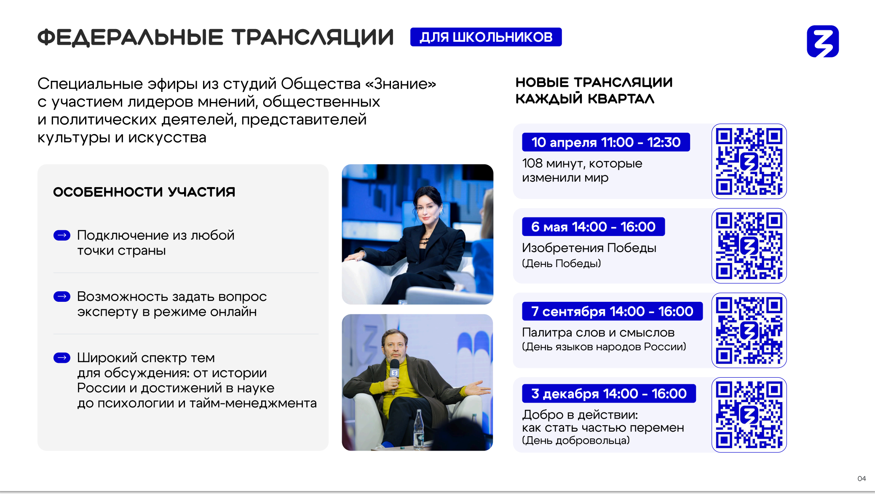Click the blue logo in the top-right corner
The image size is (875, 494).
(x=823, y=41)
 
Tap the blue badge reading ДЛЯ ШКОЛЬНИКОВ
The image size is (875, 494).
(x=486, y=37)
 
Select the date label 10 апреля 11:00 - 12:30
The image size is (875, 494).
(x=606, y=142)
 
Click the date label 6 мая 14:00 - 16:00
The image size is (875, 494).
(x=593, y=227)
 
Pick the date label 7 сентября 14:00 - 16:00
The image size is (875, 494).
(x=612, y=311)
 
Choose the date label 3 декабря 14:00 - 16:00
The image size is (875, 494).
(x=609, y=393)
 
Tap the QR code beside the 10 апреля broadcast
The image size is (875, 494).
(x=749, y=161)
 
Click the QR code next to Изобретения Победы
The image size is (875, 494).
(x=749, y=246)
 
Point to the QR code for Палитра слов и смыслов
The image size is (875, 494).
(x=749, y=330)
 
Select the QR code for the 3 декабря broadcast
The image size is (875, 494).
(x=749, y=415)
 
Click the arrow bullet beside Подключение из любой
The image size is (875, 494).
(x=62, y=235)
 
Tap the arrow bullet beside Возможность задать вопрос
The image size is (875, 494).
(x=62, y=297)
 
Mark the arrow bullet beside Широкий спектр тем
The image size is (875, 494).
(x=62, y=358)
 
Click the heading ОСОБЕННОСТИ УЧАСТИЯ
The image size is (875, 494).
(x=144, y=192)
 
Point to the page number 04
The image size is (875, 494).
(x=862, y=478)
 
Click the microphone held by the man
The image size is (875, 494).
(x=394, y=373)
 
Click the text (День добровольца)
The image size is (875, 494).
(x=576, y=440)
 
